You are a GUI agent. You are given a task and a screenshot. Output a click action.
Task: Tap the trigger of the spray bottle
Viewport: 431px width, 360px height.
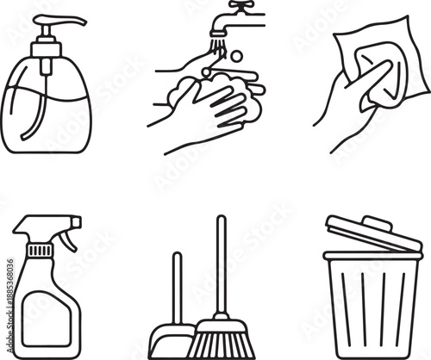pos(66,238)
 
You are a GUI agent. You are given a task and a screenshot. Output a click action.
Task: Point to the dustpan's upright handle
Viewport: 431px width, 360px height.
pos(178,284)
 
